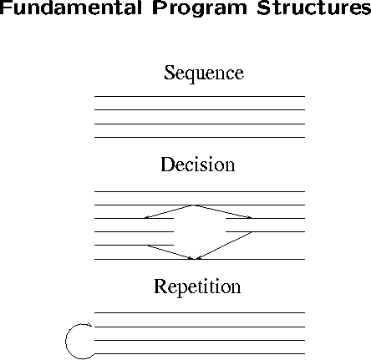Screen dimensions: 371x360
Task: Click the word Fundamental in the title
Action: point(71,8)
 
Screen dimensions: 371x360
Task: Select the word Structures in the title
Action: point(314,8)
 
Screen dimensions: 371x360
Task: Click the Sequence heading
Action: point(204,73)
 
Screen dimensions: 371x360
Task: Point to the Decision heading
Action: point(198,164)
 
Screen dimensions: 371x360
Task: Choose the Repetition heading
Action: point(197,286)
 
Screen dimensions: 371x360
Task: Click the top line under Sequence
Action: point(200,96)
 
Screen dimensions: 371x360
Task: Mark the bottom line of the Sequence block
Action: point(200,137)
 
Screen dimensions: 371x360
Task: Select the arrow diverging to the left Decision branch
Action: point(170,211)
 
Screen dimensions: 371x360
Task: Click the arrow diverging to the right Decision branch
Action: point(223,211)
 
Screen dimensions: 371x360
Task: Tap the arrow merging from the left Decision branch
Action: point(170,252)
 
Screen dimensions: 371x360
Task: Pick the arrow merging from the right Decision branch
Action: point(224,246)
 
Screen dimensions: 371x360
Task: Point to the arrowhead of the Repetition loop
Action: point(90,324)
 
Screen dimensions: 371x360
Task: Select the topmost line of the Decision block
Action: point(200,191)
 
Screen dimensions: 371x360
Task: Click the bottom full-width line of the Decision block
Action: point(200,259)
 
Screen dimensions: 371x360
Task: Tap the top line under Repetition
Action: point(200,312)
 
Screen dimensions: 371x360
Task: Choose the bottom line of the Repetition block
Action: point(200,353)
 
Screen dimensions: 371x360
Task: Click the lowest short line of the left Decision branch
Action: point(134,245)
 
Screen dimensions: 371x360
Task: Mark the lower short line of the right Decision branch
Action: point(265,231)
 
